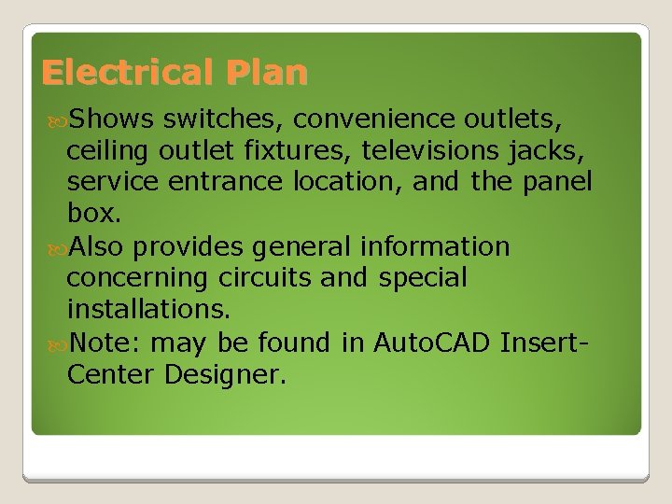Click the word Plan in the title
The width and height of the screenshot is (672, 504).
click(x=273, y=72)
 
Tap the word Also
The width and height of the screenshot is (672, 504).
click(x=98, y=246)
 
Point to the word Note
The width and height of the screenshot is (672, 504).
click(x=104, y=343)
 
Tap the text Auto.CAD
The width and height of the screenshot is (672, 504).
click(x=432, y=343)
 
